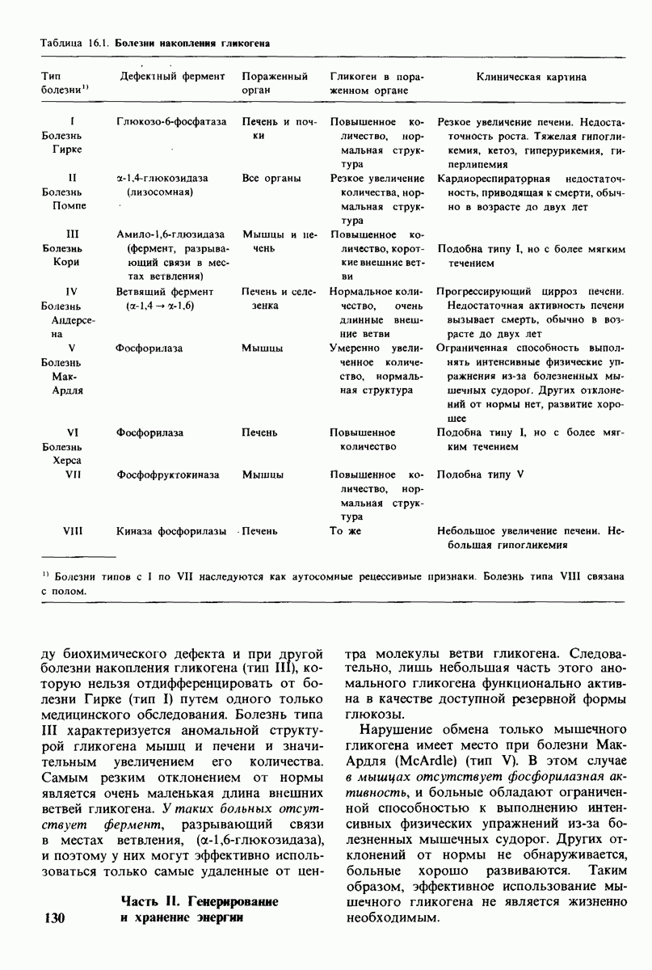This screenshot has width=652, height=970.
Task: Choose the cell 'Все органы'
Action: [271, 178]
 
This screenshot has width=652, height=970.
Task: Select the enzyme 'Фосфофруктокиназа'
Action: [168, 474]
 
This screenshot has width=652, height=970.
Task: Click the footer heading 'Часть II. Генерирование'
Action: [199, 900]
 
